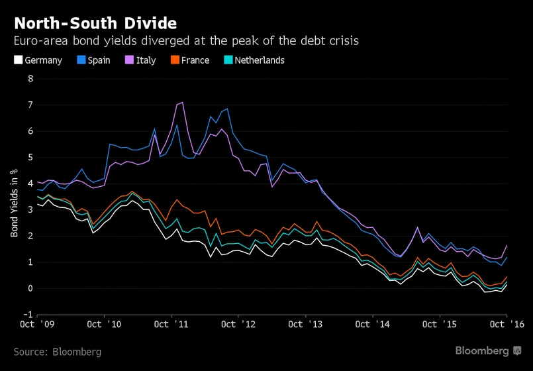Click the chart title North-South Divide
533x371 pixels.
95,24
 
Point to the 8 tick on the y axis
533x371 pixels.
30,79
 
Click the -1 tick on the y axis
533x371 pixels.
28,315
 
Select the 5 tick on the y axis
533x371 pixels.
30,158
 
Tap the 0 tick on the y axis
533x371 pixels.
30,288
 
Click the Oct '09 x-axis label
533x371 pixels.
38,325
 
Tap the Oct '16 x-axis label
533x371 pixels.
507,325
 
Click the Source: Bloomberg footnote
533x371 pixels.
58,352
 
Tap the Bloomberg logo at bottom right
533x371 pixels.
488,350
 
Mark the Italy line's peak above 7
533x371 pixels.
182,102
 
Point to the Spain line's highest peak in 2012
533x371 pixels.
228,109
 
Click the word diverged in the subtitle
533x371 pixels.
167,41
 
